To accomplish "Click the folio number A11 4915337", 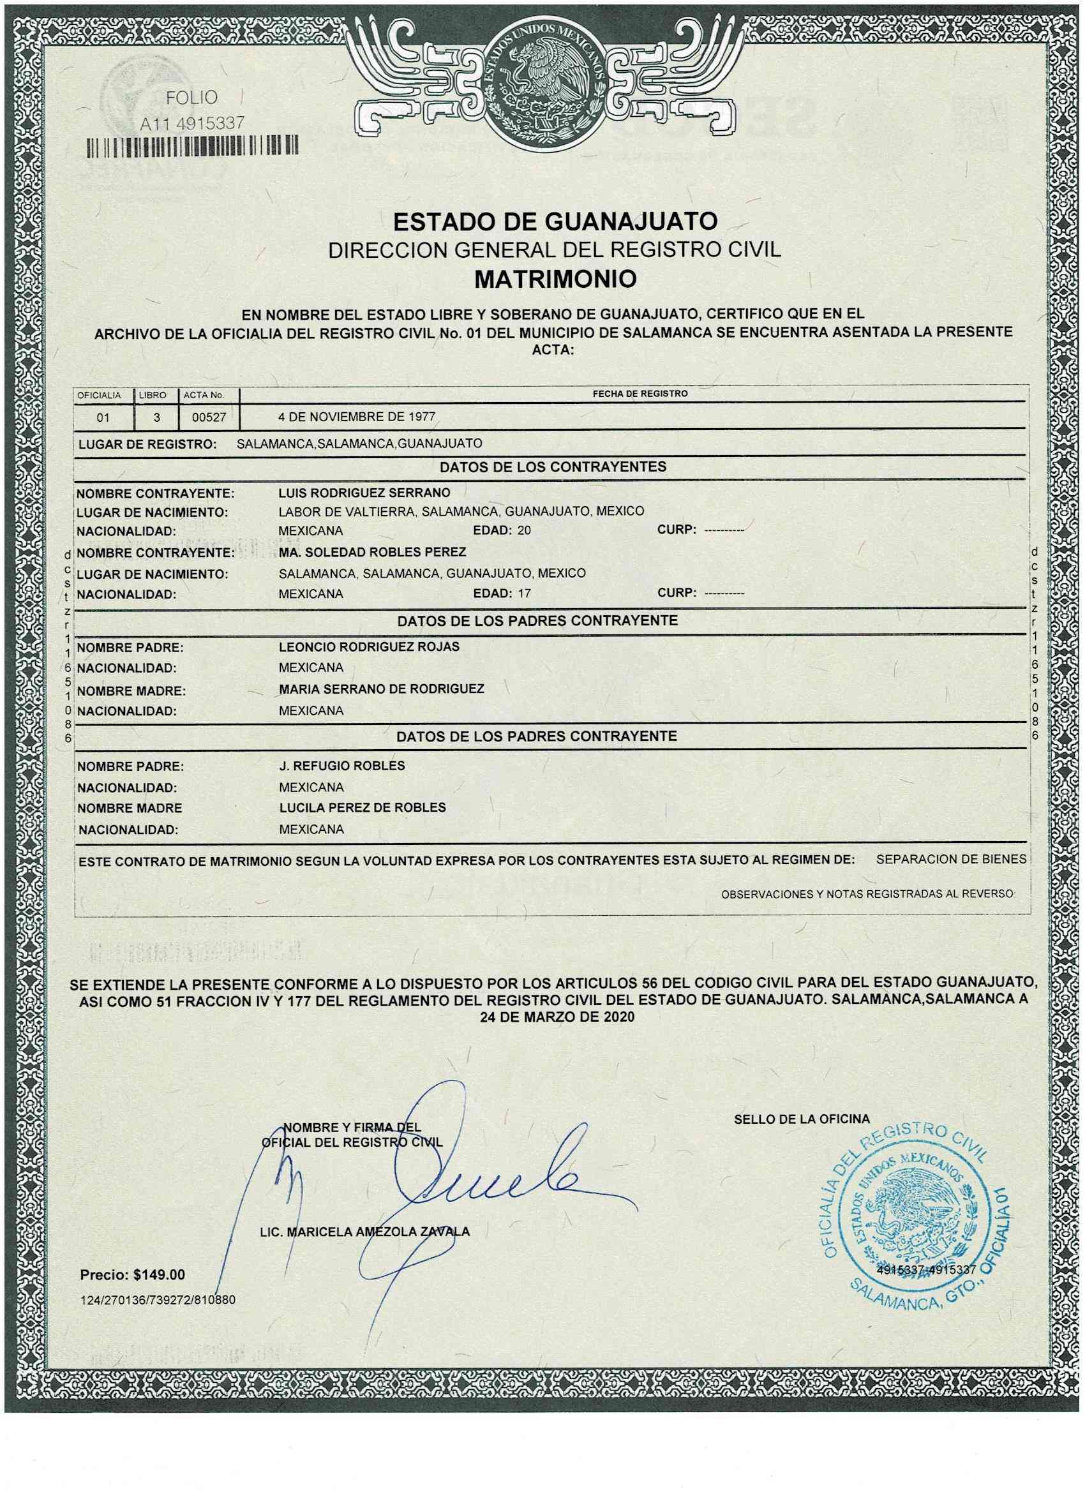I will tap(192, 123).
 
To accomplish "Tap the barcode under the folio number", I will tap(192, 146).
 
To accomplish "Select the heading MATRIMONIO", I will tap(555, 280).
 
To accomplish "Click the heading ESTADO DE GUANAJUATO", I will tap(555, 221).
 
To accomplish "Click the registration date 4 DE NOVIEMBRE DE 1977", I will tap(358, 417).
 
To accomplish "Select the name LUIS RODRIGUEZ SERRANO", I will tap(364, 493).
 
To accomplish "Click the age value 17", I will tap(524, 594).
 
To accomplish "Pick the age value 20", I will tap(524, 530).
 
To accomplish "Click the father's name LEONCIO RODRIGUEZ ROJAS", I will tap(369, 646).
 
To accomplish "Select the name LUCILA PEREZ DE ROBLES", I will tap(362, 807).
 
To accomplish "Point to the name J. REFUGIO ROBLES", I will tap(341, 766).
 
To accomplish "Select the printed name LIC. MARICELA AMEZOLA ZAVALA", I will tap(365, 1233).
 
